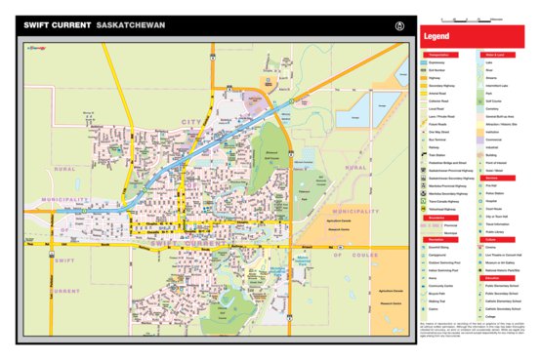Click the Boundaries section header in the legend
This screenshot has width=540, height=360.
436,218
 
